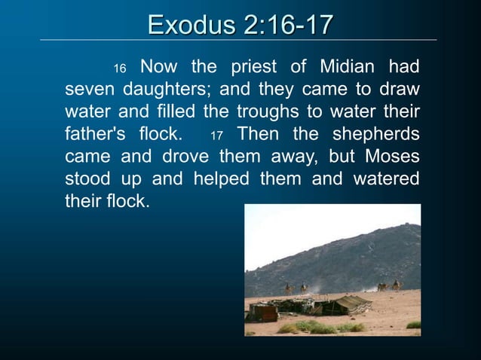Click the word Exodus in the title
click(192, 24)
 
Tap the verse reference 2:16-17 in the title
click(288, 24)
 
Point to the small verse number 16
click(119, 69)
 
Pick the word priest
click(253, 67)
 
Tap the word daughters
click(158, 90)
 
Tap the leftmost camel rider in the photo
click(288, 288)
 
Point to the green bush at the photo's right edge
click(414, 325)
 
